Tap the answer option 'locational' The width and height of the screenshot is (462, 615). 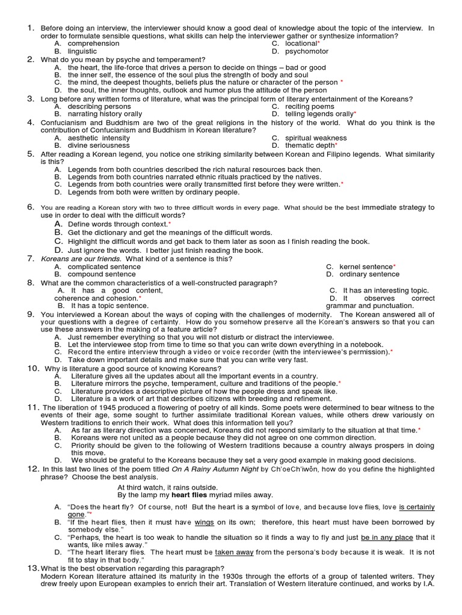click(x=300, y=44)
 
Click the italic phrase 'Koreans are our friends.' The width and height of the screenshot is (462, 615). click(x=81, y=259)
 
